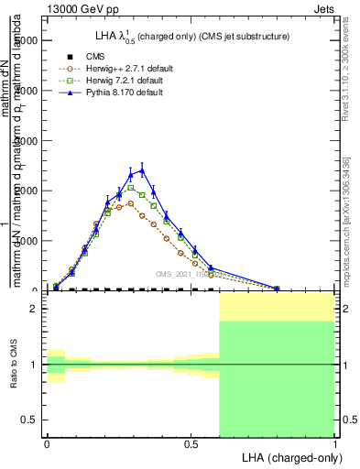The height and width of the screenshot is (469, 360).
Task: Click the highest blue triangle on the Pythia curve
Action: [x=142, y=169]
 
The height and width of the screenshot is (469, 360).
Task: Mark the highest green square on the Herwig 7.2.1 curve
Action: [x=131, y=188]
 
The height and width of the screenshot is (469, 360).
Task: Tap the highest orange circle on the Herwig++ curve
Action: [x=131, y=203]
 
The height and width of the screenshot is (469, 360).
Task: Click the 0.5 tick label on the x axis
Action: [x=191, y=444]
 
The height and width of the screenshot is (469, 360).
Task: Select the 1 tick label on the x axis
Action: [x=334, y=444]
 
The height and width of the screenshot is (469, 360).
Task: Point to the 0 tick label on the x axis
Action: [x=48, y=444]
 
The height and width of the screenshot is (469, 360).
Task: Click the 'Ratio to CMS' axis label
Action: [x=14, y=364]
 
